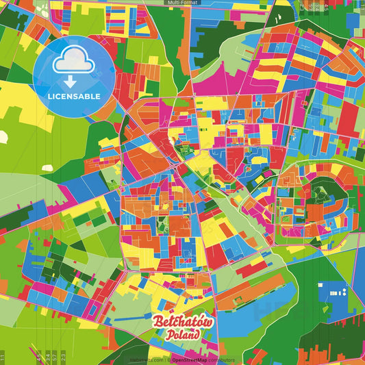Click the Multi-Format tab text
tap(181, 3)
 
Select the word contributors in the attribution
tap(221, 360)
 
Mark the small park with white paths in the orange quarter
tap(163, 224)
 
